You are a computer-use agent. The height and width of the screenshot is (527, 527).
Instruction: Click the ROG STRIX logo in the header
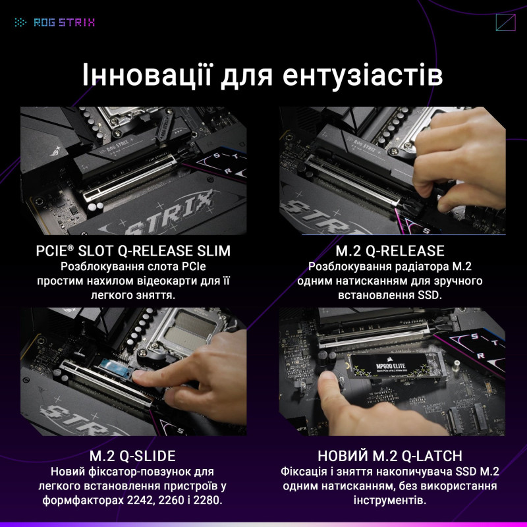[x=55, y=22]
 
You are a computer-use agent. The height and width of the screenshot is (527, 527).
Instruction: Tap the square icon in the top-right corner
[x=505, y=22]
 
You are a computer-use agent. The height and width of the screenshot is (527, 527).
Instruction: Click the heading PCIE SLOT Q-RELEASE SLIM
[x=133, y=251]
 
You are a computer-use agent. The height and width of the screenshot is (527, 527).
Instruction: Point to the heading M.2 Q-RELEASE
[x=391, y=251]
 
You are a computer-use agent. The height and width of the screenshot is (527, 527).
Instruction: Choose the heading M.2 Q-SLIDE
[x=132, y=456]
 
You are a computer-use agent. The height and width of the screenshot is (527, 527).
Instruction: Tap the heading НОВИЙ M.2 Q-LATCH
[x=390, y=456]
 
